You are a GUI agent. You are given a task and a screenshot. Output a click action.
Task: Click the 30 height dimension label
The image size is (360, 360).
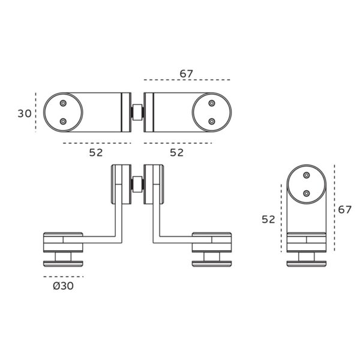(x=24, y=113)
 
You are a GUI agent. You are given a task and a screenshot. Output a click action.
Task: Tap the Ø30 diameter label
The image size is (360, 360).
(x=63, y=286)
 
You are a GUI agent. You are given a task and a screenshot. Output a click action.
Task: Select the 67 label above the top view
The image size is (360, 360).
(x=187, y=74)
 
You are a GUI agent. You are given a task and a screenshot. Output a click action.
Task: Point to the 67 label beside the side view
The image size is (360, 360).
(x=344, y=209)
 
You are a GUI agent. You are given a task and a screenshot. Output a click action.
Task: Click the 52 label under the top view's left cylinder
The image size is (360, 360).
(x=96, y=152)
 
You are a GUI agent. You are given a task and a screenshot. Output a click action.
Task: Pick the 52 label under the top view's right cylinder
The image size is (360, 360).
(x=176, y=152)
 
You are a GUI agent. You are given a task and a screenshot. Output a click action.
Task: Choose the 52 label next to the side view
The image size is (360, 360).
(x=268, y=219)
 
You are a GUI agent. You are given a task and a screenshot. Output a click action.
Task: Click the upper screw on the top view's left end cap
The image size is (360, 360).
(x=63, y=104)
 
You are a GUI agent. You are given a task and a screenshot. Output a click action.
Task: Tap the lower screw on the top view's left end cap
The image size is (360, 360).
(x=63, y=121)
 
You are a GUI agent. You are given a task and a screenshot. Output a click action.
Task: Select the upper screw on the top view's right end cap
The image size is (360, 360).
(x=211, y=104)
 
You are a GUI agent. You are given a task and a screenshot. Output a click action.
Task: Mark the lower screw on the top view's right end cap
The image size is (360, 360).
(x=211, y=121)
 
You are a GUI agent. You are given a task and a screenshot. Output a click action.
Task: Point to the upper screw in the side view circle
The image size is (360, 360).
(x=307, y=176)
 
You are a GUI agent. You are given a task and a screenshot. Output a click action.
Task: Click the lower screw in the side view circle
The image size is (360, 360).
(x=307, y=193)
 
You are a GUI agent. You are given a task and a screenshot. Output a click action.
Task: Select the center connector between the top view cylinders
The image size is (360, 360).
(x=137, y=112)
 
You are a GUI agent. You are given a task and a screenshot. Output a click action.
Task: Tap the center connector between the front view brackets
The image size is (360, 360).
(x=137, y=184)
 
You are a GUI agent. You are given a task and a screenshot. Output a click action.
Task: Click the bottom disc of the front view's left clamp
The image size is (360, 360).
(x=63, y=263)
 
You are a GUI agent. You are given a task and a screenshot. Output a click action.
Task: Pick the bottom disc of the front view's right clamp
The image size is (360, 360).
(x=211, y=263)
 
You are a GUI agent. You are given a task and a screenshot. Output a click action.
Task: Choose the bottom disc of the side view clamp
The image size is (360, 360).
(x=307, y=263)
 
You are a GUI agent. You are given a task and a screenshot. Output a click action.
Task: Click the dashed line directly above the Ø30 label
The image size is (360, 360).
(x=63, y=277)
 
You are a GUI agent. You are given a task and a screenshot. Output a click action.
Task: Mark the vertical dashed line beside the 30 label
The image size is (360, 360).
(x=37, y=112)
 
